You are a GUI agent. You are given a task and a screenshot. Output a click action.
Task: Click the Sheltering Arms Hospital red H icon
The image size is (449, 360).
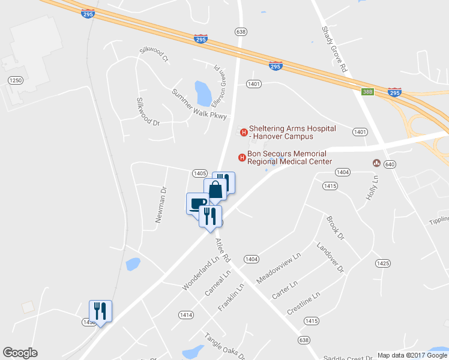click(244, 133)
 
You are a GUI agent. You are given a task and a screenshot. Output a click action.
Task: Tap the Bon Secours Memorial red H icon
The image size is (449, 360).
click(242, 158)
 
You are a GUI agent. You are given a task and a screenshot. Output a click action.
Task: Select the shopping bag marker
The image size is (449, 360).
click(215, 189)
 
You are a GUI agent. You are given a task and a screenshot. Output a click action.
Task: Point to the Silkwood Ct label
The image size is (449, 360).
click(154, 53)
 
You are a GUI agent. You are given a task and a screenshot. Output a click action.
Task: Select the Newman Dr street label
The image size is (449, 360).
click(160, 205)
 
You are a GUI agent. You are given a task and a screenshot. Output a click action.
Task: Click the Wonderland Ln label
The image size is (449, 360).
click(200, 275)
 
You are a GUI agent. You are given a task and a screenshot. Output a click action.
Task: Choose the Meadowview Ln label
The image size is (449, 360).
click(278, 269)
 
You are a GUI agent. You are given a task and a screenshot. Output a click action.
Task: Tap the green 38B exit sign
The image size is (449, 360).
click(368, 92)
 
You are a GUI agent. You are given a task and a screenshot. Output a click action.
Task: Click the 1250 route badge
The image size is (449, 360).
click(16, 80)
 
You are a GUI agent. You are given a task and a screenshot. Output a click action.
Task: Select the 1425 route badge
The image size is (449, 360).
click(383, 263)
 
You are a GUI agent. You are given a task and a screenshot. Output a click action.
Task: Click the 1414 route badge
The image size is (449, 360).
click(186, 314)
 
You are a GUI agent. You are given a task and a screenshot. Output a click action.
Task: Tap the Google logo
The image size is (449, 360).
click(20, 353)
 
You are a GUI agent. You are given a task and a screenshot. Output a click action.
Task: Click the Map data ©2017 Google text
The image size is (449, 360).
click(412, 355)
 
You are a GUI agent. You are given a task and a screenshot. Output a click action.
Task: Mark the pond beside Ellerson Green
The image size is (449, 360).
click(203, 92)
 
